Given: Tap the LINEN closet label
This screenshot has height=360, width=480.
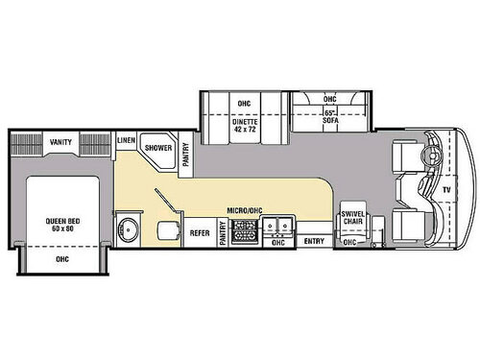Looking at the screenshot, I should (126, 140).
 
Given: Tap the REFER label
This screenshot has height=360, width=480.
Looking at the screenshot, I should (199, 231).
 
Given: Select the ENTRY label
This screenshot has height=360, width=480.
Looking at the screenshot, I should (314, 242).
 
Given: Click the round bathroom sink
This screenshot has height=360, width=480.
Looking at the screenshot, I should (129, 230).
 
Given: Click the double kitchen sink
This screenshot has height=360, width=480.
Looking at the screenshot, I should (279, 227).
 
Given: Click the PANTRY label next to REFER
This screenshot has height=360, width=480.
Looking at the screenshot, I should (222, 232).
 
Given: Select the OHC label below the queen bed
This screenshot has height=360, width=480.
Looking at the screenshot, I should (62, 258).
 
